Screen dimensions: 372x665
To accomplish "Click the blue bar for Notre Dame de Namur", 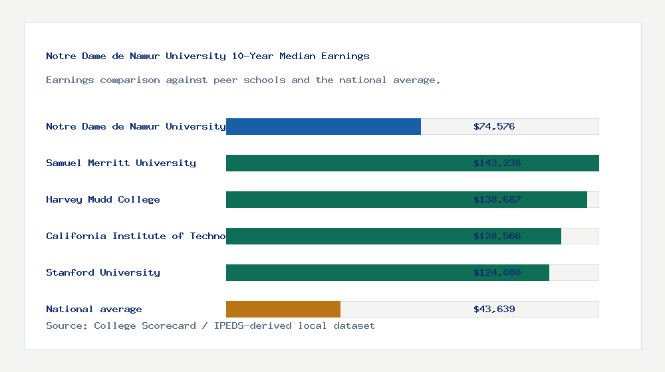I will point(323,126).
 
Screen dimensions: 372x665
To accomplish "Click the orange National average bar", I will point(283,309).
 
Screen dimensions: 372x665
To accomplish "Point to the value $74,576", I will point(494,126).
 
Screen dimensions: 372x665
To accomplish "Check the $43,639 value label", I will point(494,309).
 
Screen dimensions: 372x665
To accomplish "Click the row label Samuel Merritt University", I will point(121,163).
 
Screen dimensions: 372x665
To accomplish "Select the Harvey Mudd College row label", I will point(103,199).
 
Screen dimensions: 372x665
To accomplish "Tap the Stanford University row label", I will point(103,272).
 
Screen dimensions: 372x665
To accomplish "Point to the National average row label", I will point(94,309).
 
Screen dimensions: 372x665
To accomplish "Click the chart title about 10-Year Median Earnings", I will point(207,56).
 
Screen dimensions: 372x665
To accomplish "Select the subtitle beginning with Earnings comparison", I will point(243,80).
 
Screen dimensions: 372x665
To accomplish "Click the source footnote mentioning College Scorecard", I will point(210,325).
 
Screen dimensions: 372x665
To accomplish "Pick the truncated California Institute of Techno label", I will point(136,236).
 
